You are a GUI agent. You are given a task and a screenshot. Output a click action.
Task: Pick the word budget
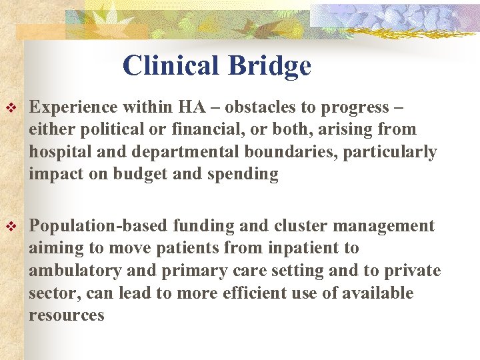137,175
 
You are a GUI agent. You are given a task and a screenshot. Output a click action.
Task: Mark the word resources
67,315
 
